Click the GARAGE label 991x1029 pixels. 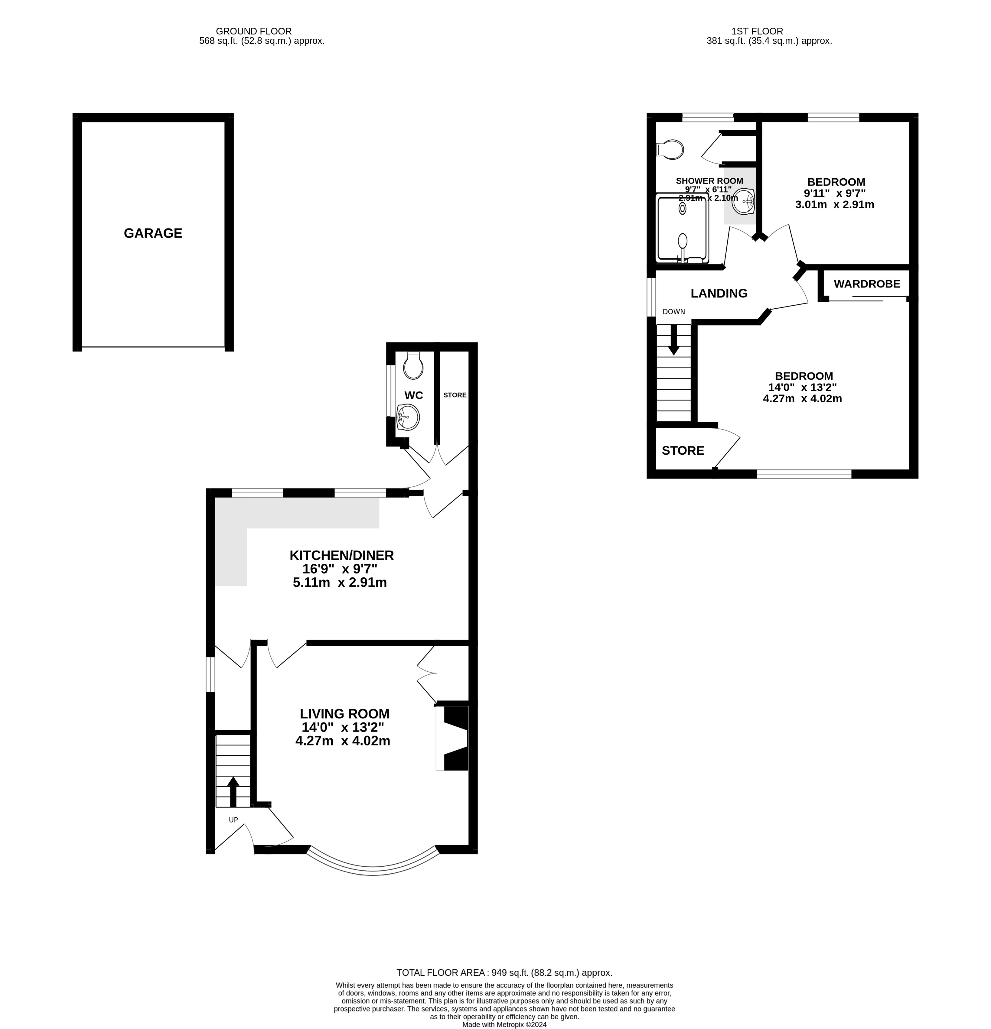pos(153,233)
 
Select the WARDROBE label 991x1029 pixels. pos(867,284)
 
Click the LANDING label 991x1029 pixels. pos(719,294)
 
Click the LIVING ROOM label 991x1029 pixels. pos(344,713)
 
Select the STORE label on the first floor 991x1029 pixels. pos(683,450)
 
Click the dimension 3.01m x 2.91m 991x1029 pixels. pos(834,205)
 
